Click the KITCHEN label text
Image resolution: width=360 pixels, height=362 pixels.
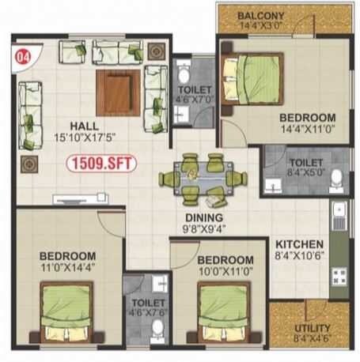[298, 244]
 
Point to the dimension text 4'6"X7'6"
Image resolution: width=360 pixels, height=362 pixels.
[147, 313]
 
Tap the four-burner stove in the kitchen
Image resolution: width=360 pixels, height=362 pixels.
[339, 277]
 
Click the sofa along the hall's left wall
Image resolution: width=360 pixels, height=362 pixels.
[29, 108]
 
